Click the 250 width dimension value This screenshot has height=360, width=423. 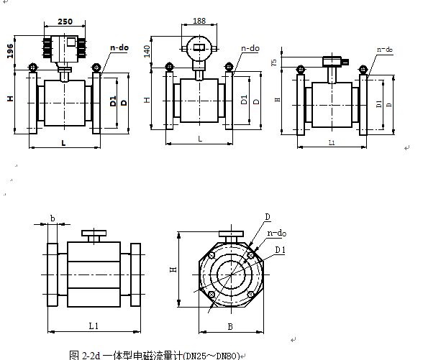64,23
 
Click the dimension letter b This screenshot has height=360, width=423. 53,218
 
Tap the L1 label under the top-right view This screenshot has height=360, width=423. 332,144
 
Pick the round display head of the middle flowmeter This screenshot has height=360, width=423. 199,49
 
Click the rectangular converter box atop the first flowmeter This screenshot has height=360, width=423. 65,48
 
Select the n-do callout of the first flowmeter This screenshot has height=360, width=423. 118,47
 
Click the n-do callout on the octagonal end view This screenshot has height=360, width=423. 276,234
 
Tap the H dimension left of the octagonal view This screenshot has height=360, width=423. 173,269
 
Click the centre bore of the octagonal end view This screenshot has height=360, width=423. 231,276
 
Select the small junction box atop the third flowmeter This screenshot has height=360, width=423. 332,62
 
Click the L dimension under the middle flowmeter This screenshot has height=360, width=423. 199,138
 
